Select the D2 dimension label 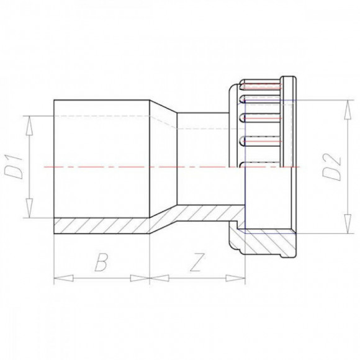click(335, 166)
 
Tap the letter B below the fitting click(101, 263)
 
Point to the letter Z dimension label click(196, 263)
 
